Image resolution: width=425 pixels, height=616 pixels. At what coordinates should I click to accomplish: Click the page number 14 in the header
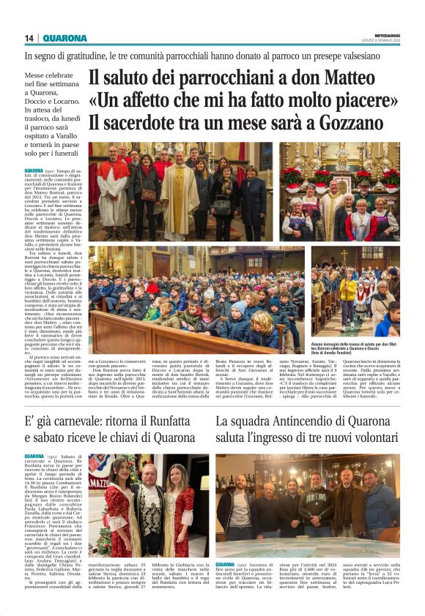[29, 38]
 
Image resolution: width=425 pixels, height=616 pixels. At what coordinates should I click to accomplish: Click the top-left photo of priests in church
[180, 190]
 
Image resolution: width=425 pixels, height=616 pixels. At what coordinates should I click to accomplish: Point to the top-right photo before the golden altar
[339, 190]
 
